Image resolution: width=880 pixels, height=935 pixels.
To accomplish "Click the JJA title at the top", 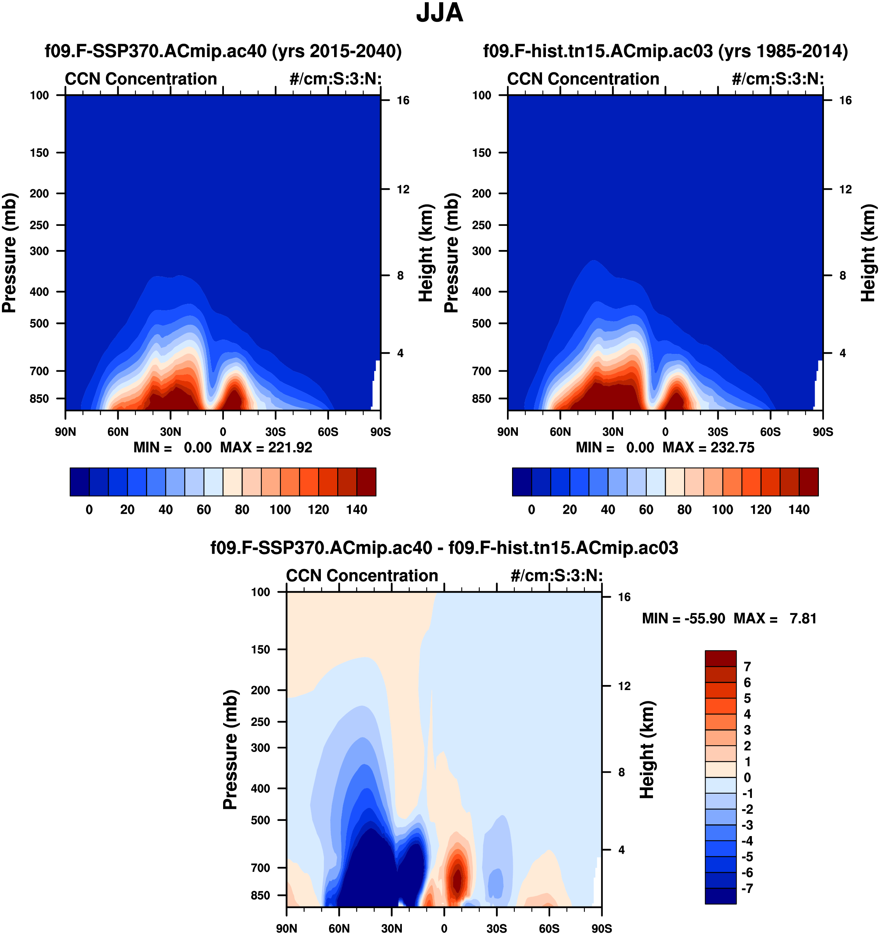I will click(x=440, y=13).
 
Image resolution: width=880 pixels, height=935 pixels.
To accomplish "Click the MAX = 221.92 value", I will click(x=266, y=447).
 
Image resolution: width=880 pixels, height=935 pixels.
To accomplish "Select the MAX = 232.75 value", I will click(x=708, y=447).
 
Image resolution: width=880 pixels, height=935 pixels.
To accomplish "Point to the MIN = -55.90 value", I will click(x=683, y=618).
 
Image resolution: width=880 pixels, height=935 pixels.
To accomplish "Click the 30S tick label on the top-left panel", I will click(x=276, y=432).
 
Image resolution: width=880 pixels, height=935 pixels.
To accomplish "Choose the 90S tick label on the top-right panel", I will click(x=823, y=432).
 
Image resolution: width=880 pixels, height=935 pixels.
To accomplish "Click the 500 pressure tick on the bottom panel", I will click(x=260, y=820).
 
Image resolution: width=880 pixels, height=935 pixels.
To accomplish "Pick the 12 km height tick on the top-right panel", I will click(x=845, y=190).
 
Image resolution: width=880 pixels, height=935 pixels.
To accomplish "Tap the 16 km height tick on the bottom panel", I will click(x=624, y=597).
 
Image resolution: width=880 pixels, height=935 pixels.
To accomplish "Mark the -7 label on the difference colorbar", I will click(x=747, y=888).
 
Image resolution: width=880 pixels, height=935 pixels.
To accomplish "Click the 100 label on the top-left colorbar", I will click(x=280, y=510).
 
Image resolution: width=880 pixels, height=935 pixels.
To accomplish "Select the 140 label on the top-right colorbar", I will click(x=799, y=510).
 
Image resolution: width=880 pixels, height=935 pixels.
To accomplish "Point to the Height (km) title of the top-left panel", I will click(x=426, y=253).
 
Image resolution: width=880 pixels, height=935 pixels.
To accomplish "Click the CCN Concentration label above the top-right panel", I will click(x=583, y=79).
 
